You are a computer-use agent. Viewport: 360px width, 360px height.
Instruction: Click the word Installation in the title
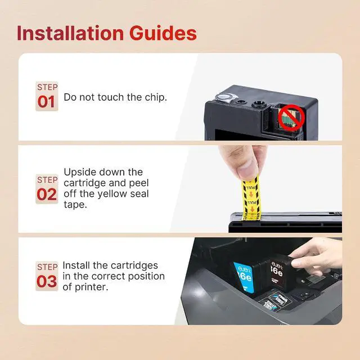70,33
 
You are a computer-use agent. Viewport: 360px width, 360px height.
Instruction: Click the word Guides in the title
163,33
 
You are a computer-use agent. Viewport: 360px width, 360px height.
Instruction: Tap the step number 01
46,102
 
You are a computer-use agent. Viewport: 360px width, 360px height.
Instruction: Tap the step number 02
47,195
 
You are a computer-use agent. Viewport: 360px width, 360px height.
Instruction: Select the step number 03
47,281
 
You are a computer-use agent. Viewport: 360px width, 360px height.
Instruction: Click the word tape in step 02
75,205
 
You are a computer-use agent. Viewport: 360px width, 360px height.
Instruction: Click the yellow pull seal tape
251,197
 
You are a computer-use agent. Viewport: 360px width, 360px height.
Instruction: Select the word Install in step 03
76,265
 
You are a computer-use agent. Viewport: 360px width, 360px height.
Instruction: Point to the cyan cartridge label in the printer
244,277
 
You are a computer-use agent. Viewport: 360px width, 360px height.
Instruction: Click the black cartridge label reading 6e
277,272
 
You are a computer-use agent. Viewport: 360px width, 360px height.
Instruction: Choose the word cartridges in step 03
133,265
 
